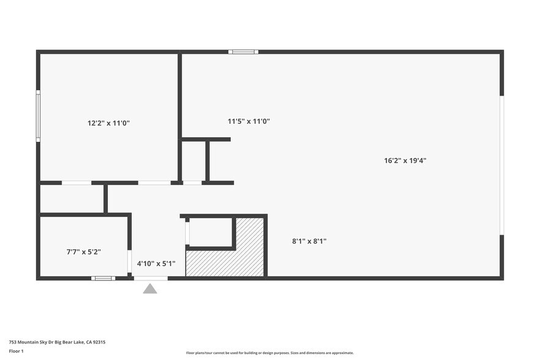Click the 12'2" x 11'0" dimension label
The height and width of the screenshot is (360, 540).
coord(108,123)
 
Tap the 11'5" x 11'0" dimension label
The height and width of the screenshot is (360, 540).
coord(249,121)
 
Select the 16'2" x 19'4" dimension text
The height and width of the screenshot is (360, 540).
coord(405,160)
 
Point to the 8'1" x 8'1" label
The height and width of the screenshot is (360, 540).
coord(309,241)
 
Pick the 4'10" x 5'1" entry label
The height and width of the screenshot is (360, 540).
coord(156,264)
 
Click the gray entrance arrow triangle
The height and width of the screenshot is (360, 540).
coord(150,288)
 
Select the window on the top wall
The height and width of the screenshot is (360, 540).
coord(243,52)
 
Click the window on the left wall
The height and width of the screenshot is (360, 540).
coord(38,116)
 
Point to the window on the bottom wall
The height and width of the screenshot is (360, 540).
coord(103,279)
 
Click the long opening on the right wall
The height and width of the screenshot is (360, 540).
coord(501,165)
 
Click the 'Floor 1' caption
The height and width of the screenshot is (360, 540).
coord(16,351)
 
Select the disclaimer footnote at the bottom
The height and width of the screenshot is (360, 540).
coord(269,353)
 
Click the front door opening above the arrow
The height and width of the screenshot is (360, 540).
coord(151,279)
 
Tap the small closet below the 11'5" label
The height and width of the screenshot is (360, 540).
coord(193,162)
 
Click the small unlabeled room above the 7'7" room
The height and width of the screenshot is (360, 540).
coord(72,198)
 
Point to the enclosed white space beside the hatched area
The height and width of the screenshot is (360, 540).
coord(209,232)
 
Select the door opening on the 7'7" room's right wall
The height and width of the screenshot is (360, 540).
coord(129,261)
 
